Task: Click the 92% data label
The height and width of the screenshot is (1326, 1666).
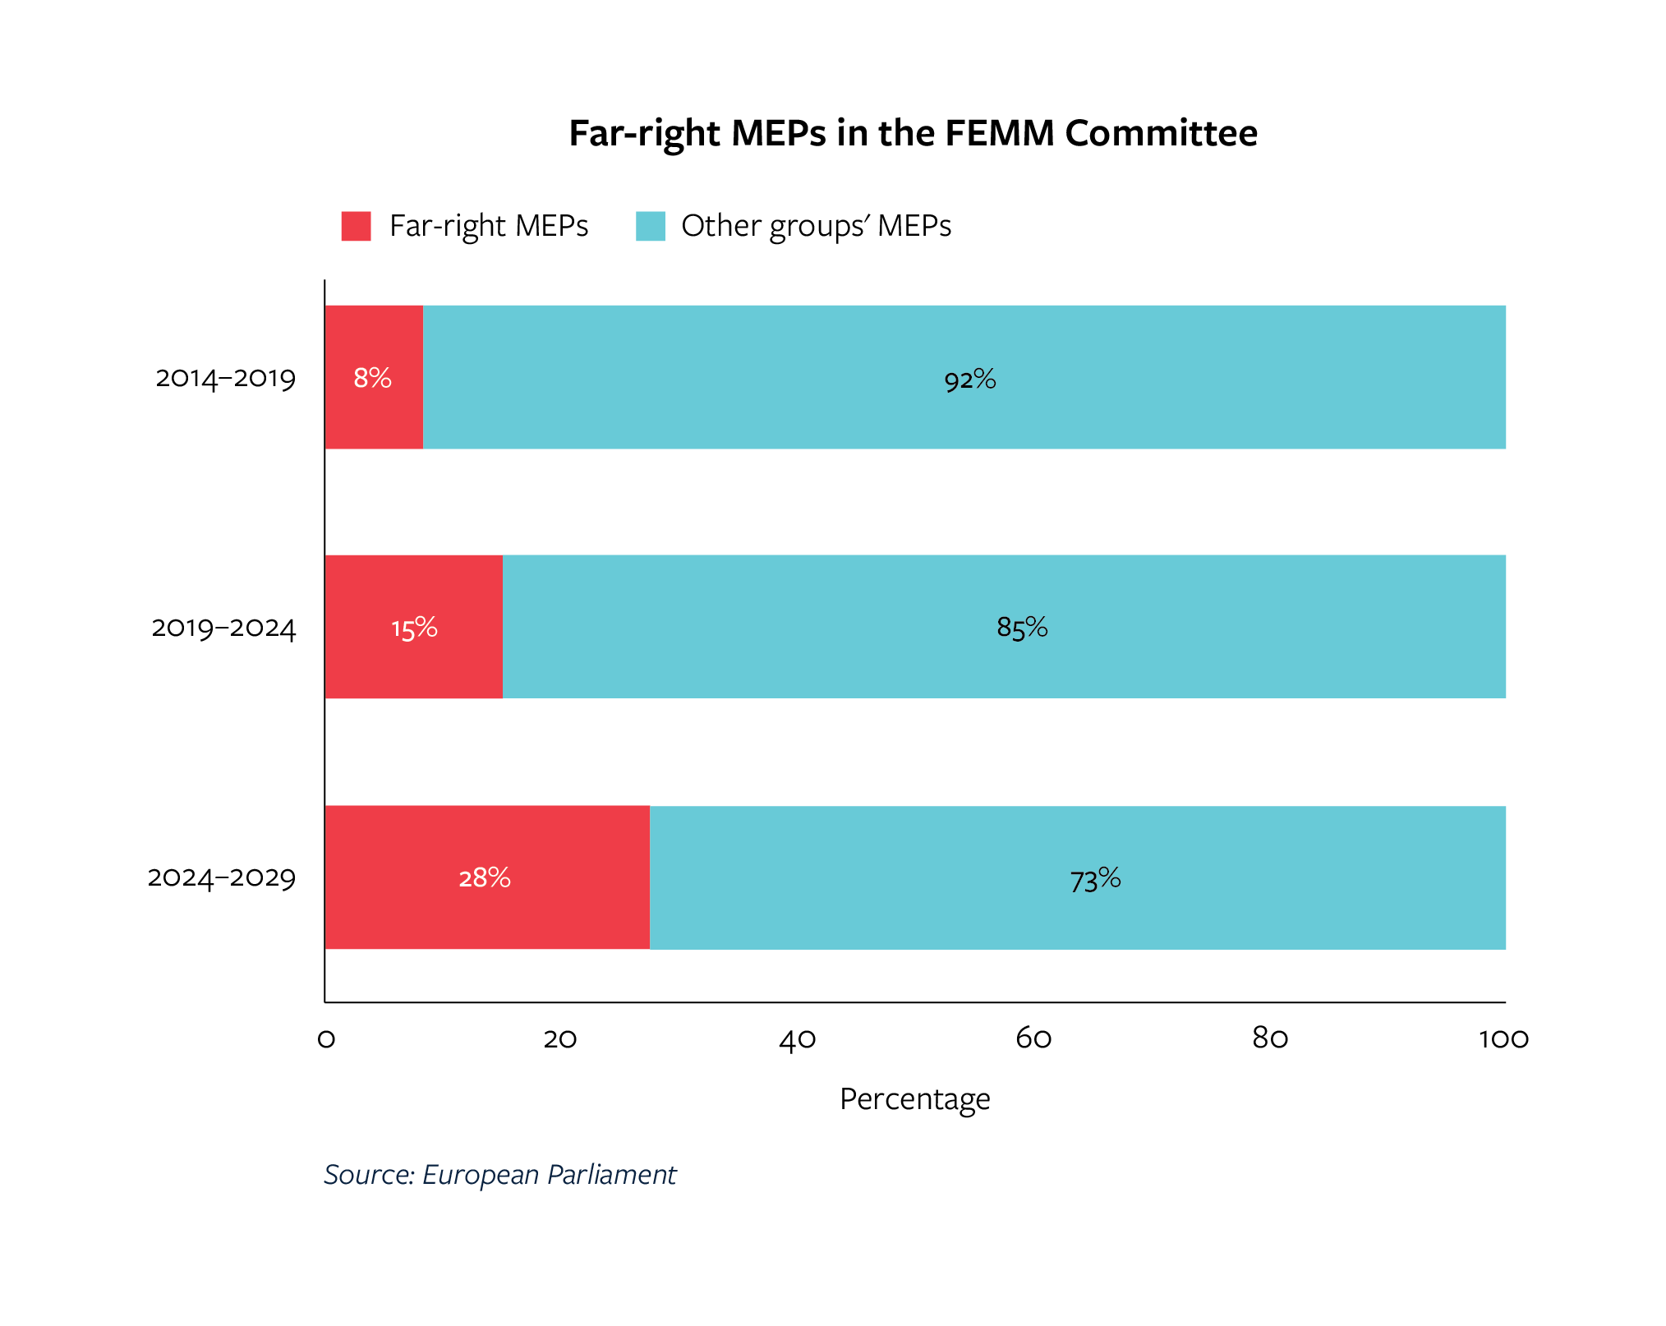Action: coord(969,380)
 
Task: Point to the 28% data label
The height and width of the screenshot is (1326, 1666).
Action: coord(485,878)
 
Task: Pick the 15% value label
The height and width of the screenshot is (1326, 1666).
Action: coord(414,628)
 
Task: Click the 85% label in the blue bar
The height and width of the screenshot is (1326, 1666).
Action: coord(1022,628)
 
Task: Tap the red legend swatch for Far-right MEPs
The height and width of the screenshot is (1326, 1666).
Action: coord(356,226)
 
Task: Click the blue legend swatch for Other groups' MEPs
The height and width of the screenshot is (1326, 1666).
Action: coord(650,226)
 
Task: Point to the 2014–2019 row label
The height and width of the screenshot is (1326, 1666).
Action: coord(225,378)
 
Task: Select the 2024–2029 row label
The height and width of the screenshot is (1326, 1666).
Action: coord(221,877)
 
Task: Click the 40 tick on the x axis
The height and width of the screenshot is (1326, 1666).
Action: coord(797,1039)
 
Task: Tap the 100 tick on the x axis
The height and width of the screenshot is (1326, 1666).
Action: coord(1503,1039)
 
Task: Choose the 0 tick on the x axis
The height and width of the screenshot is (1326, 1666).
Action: coord(326,1039)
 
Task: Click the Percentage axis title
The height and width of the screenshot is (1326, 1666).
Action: coord(914,1098)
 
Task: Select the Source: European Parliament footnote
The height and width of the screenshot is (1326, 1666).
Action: coord(499,1175)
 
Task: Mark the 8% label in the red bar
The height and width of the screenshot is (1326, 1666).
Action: coord(372,378)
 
